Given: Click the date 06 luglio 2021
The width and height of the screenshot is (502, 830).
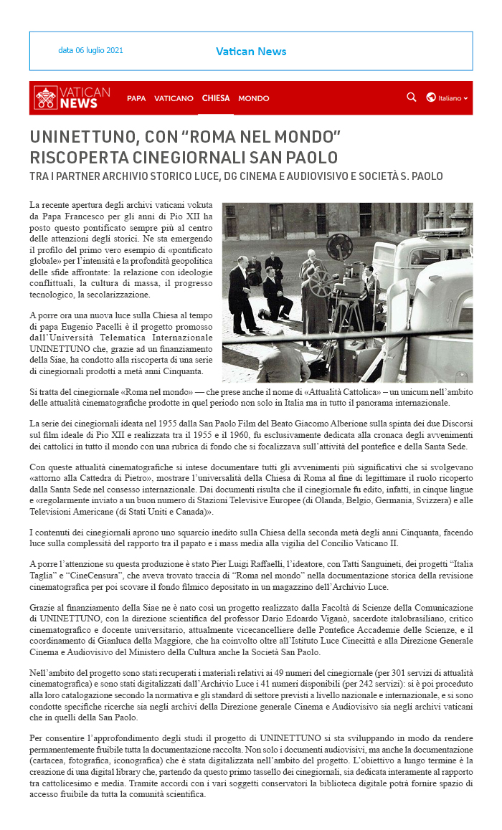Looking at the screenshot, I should (x=90, y=51).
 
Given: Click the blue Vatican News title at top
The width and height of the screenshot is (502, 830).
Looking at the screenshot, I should (x=251, y=52).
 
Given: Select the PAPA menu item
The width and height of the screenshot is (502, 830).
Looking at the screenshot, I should (x=136, y=98).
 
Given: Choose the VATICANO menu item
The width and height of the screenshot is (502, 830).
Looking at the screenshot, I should (x=174, y=98).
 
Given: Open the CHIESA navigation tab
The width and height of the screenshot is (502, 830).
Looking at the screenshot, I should (x=216, y=98).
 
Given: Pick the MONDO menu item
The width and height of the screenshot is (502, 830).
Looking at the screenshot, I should (x=254, y=98).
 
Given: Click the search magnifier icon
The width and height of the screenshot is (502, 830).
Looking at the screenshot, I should (x=411, y=97).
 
